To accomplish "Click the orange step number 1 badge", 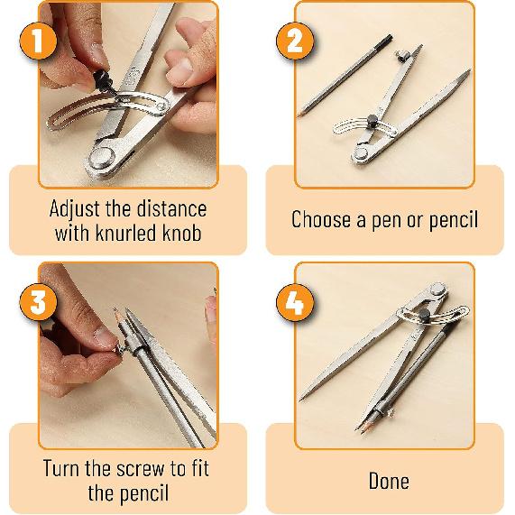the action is click(38, 41).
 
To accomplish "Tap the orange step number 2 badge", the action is click(295, 41).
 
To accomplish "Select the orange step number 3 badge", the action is click(38, 301).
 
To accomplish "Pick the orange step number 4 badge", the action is click(295, 301).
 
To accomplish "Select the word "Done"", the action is click(389, 481).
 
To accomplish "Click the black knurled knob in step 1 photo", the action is click(103, 80).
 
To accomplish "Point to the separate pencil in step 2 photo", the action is click(345, 76).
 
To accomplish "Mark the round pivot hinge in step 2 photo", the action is click(361, 153).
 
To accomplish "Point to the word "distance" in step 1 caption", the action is click(171, 208).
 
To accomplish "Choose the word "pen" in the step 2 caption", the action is click(387, 221).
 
